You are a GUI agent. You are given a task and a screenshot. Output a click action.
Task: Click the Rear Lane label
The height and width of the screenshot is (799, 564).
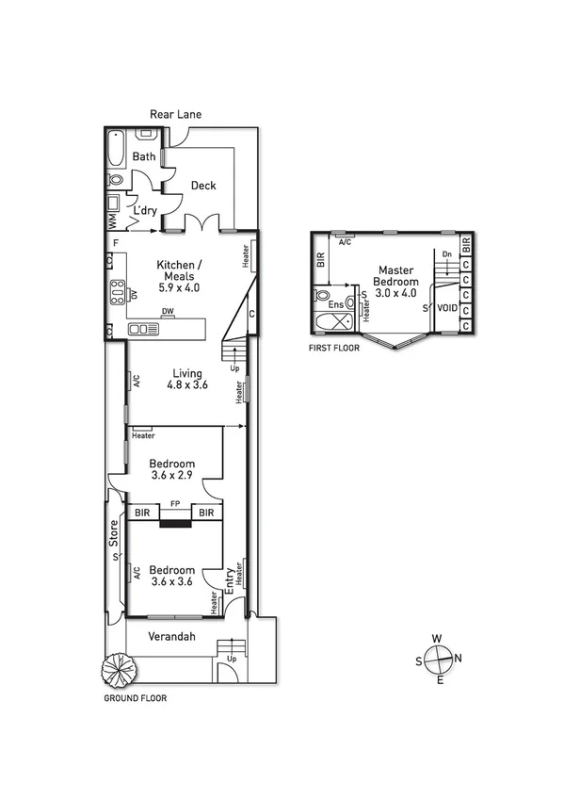coord(176,114)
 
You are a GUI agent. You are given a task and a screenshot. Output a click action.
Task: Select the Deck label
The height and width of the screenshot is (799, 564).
coord(203,186)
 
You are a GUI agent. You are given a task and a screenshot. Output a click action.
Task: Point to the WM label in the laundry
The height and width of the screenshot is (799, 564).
coord(112,220)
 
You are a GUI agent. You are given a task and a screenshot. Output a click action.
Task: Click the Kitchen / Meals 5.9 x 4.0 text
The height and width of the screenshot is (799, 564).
coord(177,276)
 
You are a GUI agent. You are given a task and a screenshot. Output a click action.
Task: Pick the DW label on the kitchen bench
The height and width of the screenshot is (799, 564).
coord(167,311)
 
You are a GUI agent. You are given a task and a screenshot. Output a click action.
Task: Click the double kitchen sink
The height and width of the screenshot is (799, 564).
coord(143,329)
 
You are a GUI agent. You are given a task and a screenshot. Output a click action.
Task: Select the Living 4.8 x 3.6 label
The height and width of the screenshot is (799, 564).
coord(186,379)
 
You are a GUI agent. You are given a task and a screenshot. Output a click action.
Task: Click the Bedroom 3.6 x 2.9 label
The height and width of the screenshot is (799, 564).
coord(172,469)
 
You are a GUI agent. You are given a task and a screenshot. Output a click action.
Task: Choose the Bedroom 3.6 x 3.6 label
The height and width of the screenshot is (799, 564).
coord(172,576)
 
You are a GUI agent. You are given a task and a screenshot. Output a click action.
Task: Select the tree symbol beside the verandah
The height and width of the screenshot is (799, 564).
coord(120,671)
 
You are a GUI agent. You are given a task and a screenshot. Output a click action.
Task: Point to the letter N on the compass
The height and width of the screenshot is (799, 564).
coord(459,658)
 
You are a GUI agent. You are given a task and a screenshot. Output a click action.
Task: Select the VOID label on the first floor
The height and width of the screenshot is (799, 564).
coord(448,308)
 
